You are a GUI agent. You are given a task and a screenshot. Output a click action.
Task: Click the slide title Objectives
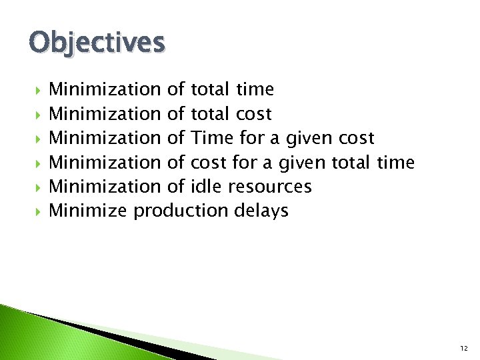click(96, 43)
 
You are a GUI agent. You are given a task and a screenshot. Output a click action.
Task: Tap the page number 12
click(463, 349)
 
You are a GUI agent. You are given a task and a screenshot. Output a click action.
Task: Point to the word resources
click(270, 187)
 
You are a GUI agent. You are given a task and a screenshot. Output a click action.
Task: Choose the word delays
click(261, 211)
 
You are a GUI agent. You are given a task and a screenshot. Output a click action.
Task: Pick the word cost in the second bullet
click(253, 114)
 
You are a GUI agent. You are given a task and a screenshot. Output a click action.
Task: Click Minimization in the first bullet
click(105, 89)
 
